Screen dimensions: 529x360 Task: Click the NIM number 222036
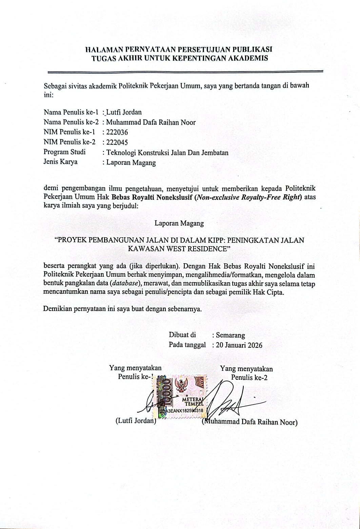117,132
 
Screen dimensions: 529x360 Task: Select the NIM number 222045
117,142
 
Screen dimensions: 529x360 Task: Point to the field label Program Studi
64,152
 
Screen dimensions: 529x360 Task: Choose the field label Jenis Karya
60,162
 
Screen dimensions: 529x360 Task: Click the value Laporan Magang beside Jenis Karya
131,163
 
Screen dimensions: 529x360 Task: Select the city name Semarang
230,335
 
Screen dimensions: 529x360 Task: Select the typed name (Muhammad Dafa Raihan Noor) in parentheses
249,422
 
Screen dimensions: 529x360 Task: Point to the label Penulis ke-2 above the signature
249,377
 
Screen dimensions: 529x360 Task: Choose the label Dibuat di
182,335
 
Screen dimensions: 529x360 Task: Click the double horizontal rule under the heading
185,72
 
